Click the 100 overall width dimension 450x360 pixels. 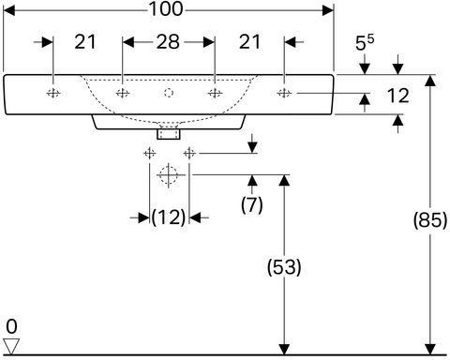(166, 9)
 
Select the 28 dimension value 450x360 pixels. (168, 42)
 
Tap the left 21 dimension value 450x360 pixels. (85, 42)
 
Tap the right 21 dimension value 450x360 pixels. (249, 42)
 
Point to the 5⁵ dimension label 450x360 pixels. (365, 42)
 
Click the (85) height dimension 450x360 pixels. (430, 220)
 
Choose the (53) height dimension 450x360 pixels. (284, 267)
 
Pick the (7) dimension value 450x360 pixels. (252, 205)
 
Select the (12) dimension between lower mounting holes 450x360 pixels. (169, 217)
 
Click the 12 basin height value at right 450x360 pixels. (397, 96)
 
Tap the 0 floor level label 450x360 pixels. (11, 327)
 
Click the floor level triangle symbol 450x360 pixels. (11, 346)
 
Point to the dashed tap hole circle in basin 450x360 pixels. (169, 93)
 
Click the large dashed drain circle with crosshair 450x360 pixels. (168, 175)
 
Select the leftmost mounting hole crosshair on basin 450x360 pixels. (53, 93)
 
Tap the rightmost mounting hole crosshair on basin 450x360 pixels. (284, 93)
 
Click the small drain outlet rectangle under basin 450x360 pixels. (169, 134)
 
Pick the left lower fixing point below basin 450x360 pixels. (149, 154)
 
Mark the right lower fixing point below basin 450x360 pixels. (189, 154)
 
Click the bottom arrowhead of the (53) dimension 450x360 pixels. (284, 350)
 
